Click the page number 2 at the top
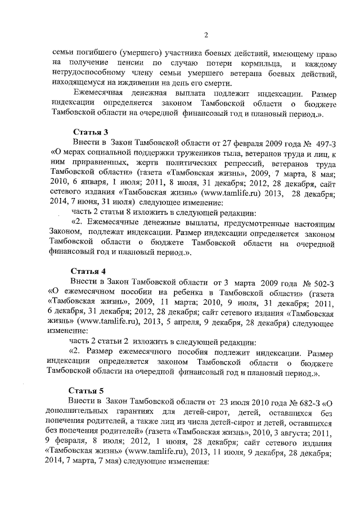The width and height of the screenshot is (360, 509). tap(206, 36)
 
